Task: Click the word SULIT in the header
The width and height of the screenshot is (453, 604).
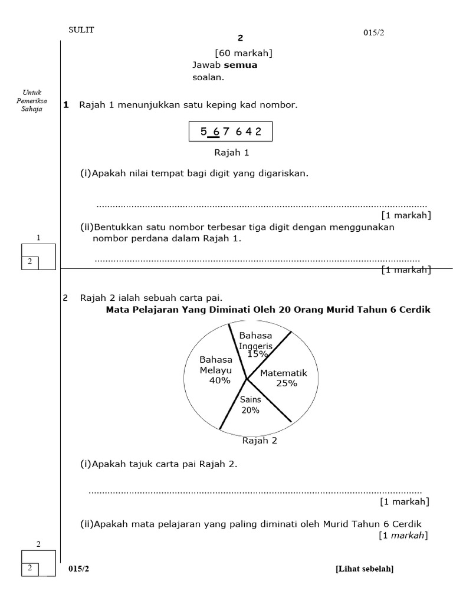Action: (81, 30)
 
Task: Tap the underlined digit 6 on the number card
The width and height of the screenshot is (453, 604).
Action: (216, 132)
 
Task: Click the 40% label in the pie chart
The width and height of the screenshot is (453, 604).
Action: (219, 380)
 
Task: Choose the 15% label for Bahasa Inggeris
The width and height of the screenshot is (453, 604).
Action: (257, 354)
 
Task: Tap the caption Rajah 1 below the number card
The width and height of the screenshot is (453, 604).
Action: (231, 152)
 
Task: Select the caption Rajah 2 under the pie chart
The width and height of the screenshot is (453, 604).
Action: (260, 440)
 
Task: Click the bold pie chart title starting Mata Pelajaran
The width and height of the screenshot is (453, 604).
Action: (268, 310)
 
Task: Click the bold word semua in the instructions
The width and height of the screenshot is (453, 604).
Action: (241, 65)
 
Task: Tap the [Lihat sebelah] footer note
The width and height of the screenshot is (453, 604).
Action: (365, 569)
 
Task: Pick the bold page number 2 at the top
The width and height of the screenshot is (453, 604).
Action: (240, 38)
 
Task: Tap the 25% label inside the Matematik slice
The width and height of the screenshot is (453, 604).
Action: (287, 383)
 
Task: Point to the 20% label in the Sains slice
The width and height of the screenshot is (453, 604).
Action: (250, 411)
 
